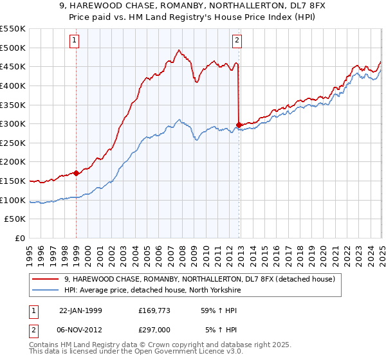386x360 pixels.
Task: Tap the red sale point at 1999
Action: [77, 172]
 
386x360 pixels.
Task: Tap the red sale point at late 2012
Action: [239, 125]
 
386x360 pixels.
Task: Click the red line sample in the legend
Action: [46, 279]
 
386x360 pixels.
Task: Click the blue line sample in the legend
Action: [46, 290]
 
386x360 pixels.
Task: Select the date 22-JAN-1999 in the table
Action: [80, 310]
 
